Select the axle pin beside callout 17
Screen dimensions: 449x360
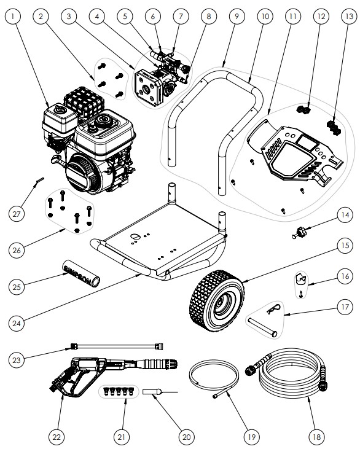(263, 325)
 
